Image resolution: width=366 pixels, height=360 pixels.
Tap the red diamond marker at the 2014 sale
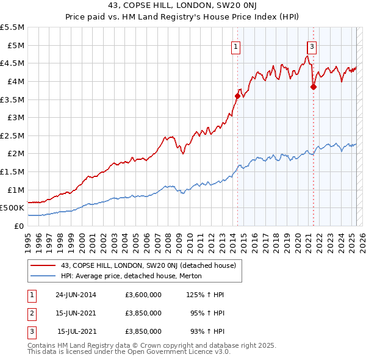237,96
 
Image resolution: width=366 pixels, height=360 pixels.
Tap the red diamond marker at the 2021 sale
314,87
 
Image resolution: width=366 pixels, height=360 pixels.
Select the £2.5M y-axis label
12,135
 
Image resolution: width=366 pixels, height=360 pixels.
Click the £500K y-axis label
12,208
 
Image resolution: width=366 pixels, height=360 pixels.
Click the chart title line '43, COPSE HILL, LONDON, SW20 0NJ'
183,7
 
